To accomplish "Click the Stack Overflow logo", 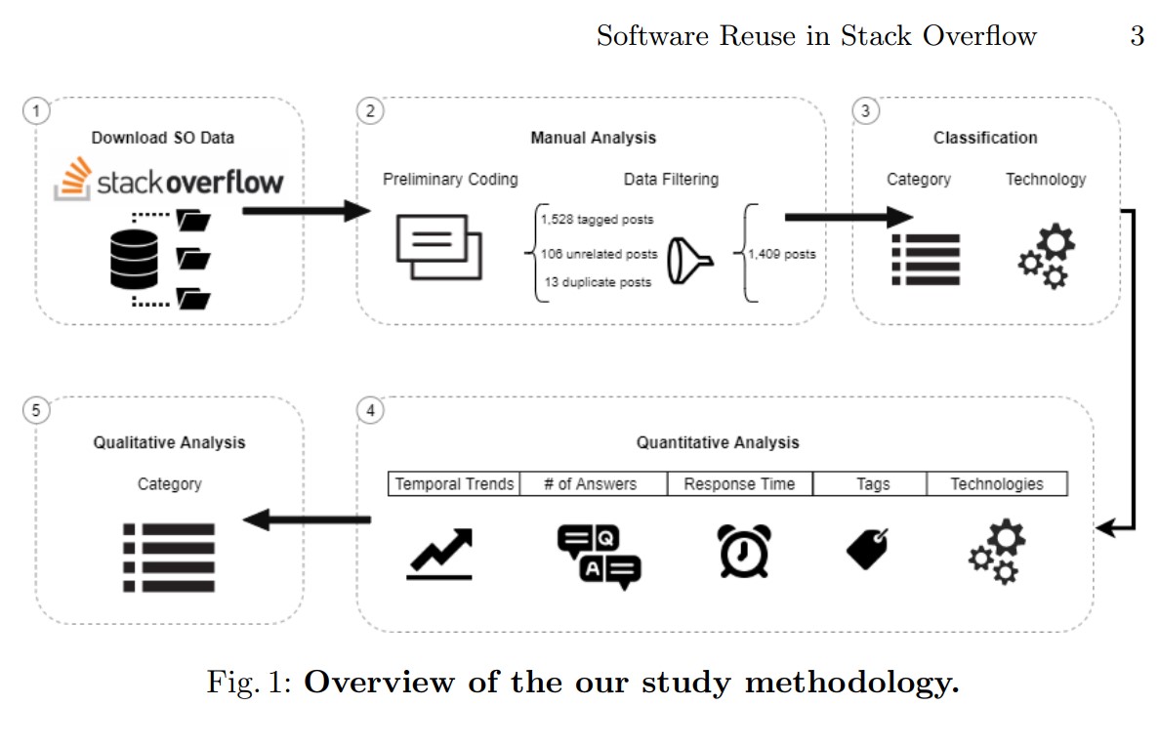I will (x=169, y=182).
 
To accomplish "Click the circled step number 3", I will (x=864, y=111).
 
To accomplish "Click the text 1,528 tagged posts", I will (x=598, y=219).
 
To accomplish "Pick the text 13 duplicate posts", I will (x=598, y=282).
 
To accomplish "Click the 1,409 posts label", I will (x=781, y=254).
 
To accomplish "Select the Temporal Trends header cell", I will (x=454, y=484).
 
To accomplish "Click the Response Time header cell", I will (x=739, y=484).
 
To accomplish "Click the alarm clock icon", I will (x=744, y=552).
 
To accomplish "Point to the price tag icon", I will (x=867, y=549).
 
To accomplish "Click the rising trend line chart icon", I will (x=439, y=555).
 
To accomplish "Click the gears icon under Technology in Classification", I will (x=1046, y=256).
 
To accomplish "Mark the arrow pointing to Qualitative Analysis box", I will (x=307, y=520).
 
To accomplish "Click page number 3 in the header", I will (x=1137, y=37).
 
